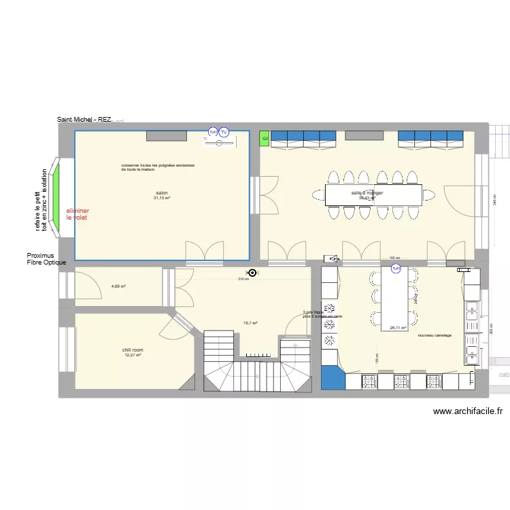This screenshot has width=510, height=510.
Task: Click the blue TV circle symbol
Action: pyautogui.click(x=223, y=132)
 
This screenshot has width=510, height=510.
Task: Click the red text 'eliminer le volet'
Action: pyautogui.click(x=78, y=214)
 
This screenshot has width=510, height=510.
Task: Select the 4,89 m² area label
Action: pyautogui.click(x=118, y=286)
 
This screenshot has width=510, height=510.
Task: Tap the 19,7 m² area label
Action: pyautogui.click(x=250, y=324)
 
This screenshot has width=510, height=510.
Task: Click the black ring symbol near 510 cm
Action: pyautogui.click(x=253, y=273)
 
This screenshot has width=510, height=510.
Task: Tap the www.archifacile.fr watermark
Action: pyautogui.click(x=467, y=411)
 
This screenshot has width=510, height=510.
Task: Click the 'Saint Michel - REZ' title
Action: pyautogui.click(x=84, y=120)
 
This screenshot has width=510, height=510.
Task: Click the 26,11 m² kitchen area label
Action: pyautogui.click(x=397, y=327)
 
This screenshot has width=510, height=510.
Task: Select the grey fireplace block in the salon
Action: pyautogui.click(x=167, y=136)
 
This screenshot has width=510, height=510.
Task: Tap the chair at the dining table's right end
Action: pyautogui.click(x=429, y=195)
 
